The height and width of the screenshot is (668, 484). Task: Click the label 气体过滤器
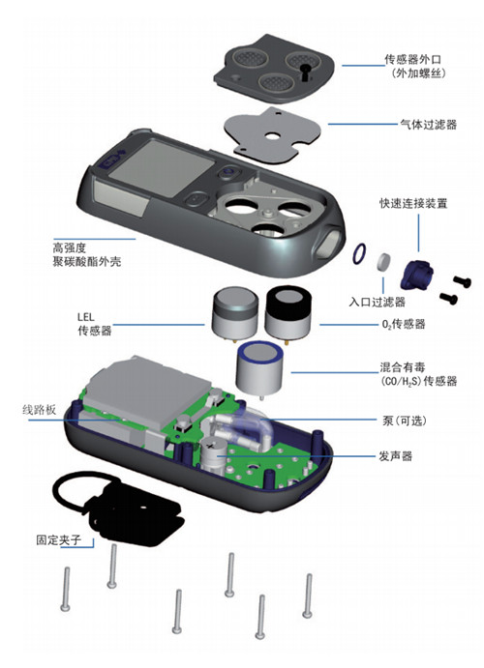coord(428,125)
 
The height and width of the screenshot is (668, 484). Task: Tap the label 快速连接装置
coord(413,203)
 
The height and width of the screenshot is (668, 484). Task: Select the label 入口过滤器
coord(377,302)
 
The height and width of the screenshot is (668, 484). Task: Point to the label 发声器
coord(396,456)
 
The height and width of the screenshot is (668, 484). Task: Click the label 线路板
coord(40,410)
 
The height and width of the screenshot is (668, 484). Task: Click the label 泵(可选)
coord(405,421)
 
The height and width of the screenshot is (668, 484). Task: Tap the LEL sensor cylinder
coord(235,313)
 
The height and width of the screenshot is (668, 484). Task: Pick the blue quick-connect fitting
coord(416,276)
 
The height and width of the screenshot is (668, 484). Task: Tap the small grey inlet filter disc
coord(384,262)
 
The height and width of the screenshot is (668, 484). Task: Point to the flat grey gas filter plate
coord(272,135)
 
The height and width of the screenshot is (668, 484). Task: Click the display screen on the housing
coord(162,167)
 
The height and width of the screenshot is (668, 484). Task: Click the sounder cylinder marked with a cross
coord(212,454)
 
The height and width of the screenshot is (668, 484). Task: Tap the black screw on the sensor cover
coord(305,72)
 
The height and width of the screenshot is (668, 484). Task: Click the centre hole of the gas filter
coord(271,136)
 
